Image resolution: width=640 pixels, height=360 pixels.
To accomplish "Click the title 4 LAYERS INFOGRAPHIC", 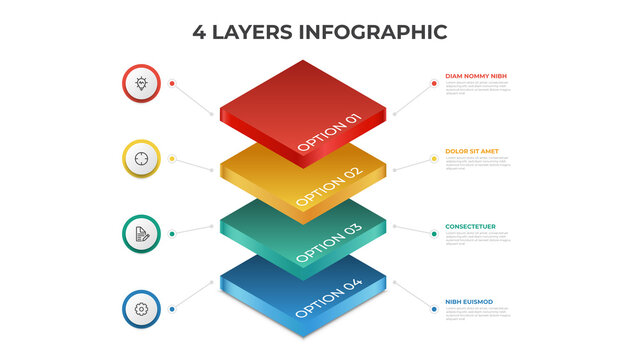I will (320, 32).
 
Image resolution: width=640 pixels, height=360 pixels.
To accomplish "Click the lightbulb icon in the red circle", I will (141, 83).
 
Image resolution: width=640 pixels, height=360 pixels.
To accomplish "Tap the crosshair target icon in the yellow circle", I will (141, 158).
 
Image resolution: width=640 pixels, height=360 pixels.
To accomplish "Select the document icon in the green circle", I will (141, 234).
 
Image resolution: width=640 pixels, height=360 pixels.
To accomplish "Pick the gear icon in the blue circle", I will (141, 309).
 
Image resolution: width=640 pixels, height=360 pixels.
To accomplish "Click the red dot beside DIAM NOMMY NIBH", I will (433, 83).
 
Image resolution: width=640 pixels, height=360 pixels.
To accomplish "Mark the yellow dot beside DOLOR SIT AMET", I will (433, 158).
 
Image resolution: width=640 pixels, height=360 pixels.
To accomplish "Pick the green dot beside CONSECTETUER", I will (433, 234).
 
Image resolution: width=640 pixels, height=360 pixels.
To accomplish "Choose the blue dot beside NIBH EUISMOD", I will (433, 309).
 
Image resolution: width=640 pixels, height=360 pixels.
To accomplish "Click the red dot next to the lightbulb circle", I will (173, 83).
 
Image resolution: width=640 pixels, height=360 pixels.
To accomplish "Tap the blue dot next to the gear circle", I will (173, 309).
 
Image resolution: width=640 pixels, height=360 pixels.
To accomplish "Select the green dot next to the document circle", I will (173, 234).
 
